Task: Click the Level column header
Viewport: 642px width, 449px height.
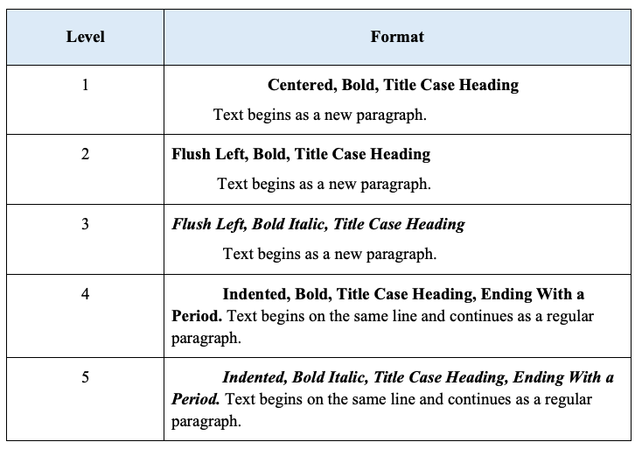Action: pos(85,37)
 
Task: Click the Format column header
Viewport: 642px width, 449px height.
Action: pos(397,37)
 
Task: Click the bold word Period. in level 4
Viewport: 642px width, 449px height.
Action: pos(197,316)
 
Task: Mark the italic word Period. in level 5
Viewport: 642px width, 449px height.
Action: pos(196,399)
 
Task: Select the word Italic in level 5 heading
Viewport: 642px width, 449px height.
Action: pos(347,377)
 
